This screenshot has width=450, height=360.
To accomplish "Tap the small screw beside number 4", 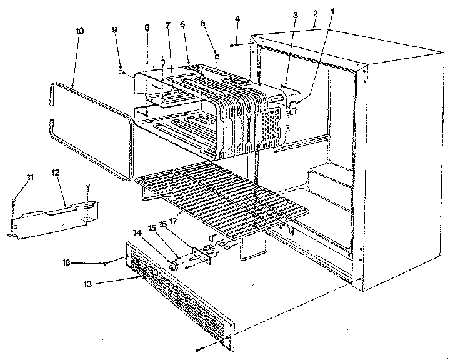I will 232,46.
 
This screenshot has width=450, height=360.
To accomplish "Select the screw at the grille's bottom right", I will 199,349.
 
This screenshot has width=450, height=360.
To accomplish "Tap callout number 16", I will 179,223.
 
